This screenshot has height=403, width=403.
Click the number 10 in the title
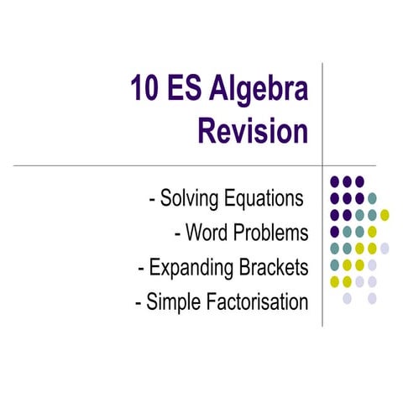[x=144, y=89]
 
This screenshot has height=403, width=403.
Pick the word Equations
[x=262, y=200]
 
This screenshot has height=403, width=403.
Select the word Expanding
[x=192, y=268]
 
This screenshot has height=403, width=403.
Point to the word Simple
[x=175, y=301]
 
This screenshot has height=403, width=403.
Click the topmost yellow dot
[x=385, y=214]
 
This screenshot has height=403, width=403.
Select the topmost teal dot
[x=372, y=198]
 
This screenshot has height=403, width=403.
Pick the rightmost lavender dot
[x=385, y=248]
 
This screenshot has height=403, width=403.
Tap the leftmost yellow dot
[x=334, y=281]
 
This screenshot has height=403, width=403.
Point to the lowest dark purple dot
[x=334, y=231]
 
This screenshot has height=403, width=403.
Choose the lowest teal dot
[x=334, y=264]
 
